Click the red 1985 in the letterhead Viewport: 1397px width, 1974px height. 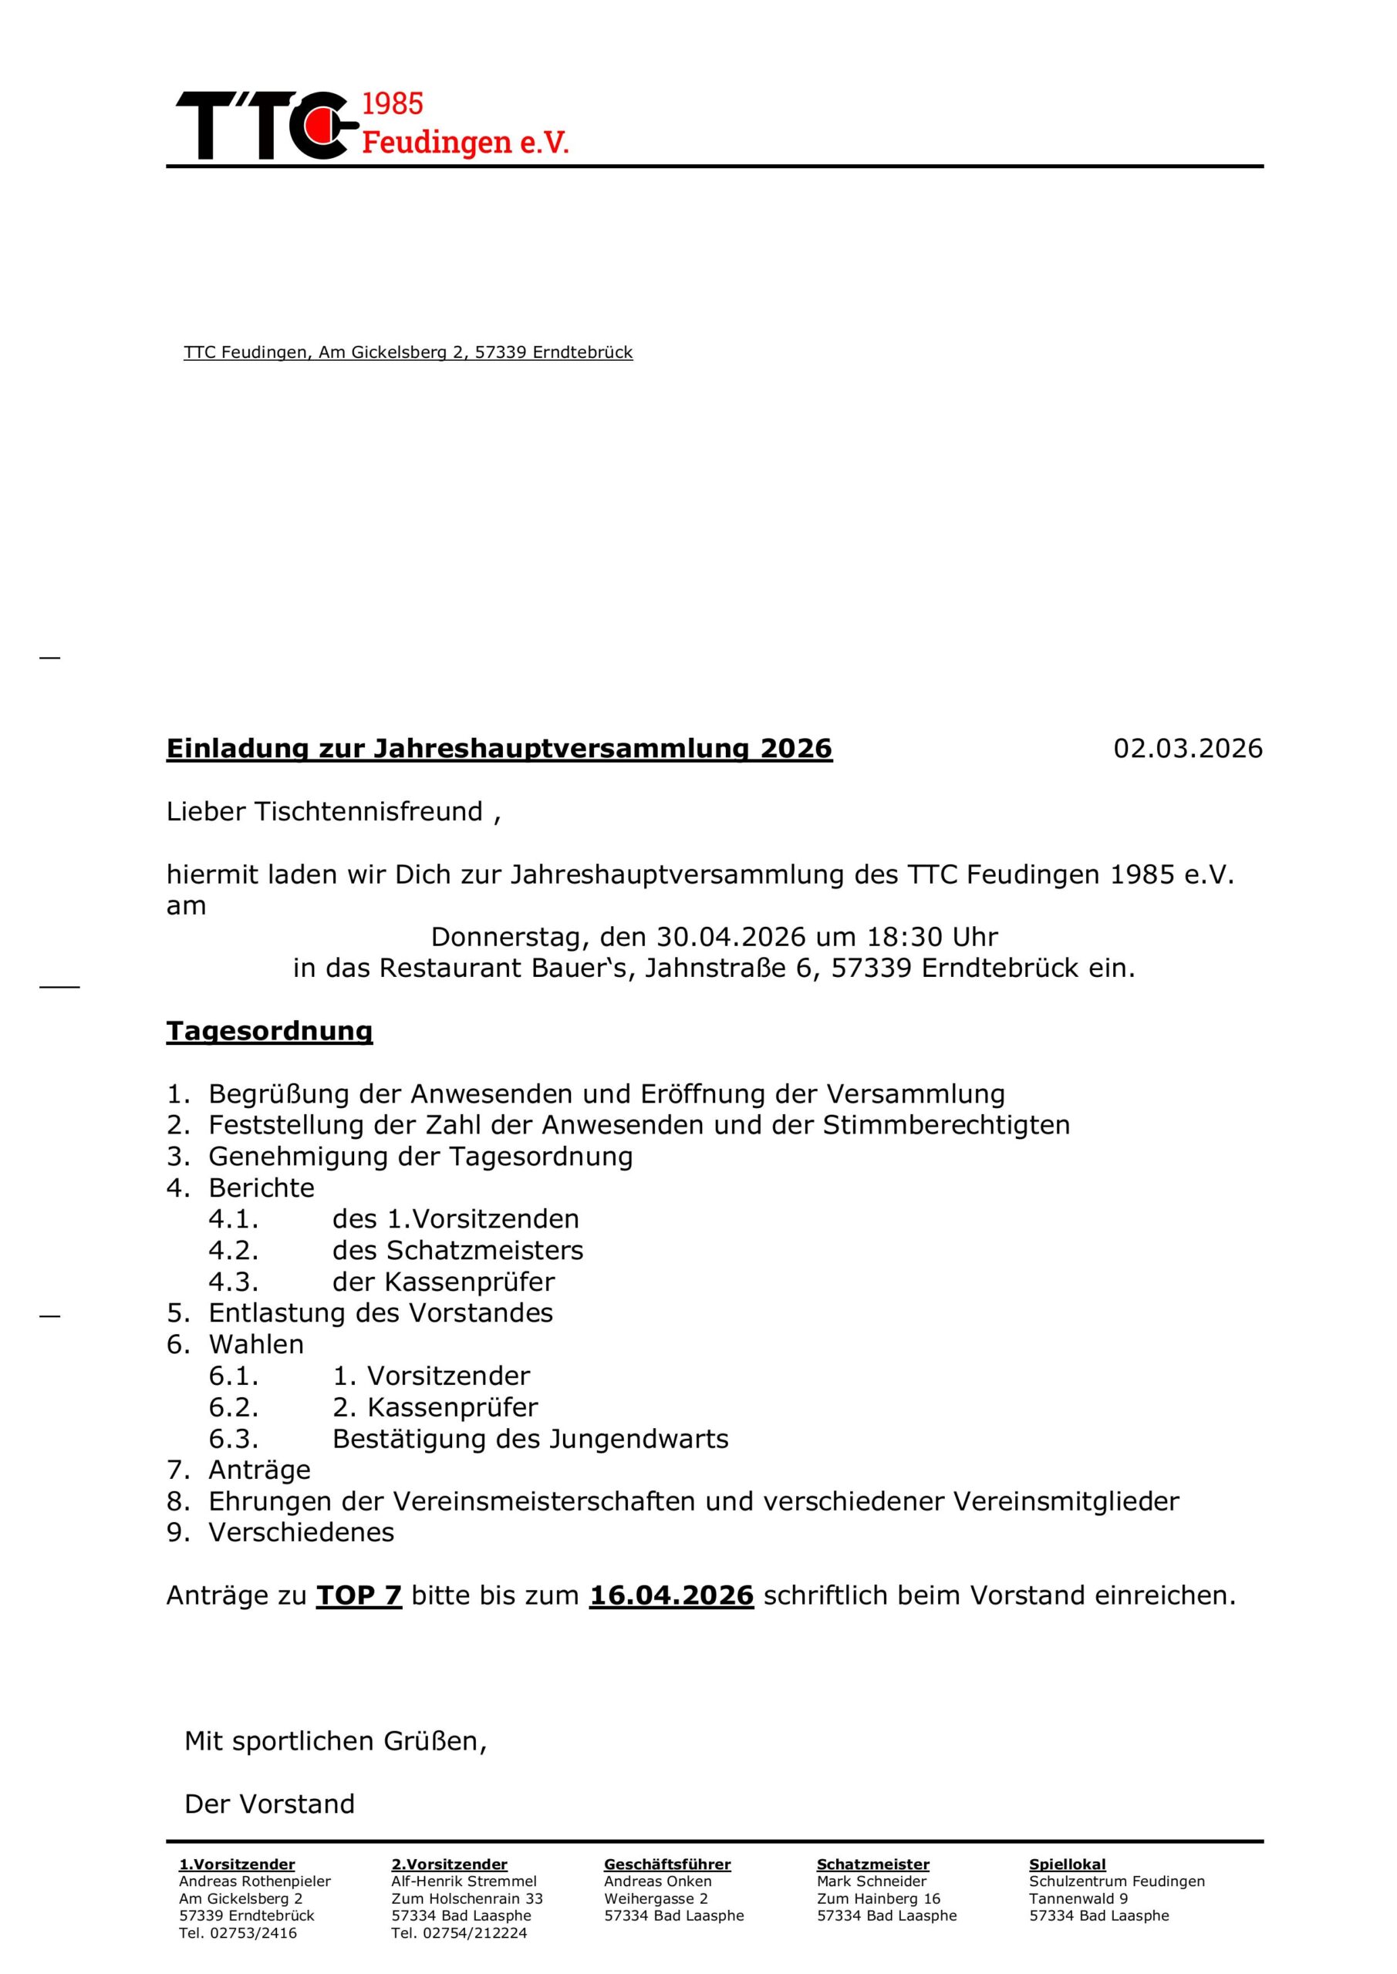(x=393, y=104)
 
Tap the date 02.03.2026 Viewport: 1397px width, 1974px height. (x=1188, y=748)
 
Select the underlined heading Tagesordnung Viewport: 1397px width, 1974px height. (x=269, y=1031)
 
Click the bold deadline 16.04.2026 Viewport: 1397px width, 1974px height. (x=672, y=1595)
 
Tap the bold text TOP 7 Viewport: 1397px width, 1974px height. (x=359, y=1595)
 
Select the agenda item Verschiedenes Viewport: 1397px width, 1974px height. (x=301, y=1532)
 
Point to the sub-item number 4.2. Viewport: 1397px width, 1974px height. (x=233, y=1250)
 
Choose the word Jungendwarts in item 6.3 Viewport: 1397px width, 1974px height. (x=639, y=1438)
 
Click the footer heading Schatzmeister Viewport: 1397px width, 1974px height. (x=872, y=1865)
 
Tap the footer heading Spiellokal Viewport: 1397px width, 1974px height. (x=1067, y=1865)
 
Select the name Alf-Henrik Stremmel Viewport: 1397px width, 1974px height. (x=464, y=1881)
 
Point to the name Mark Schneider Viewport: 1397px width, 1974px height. (x=872, y=1881)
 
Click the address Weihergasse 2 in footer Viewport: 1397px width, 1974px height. (x=656, y=1898)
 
